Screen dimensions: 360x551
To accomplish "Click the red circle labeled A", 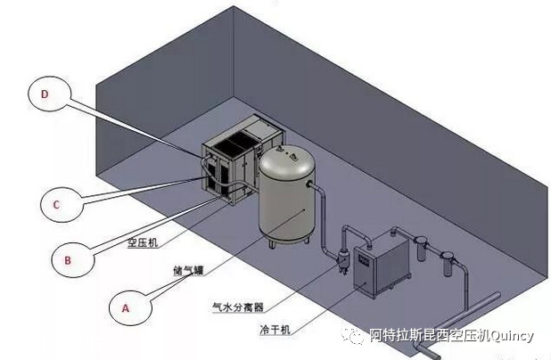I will pyautogui.click(x=125, y=307).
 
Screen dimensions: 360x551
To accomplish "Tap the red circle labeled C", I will pyautogui.click(x=55, y=204).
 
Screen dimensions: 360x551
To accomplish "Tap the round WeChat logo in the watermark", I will pyautogui.click(x=356, y=336).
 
